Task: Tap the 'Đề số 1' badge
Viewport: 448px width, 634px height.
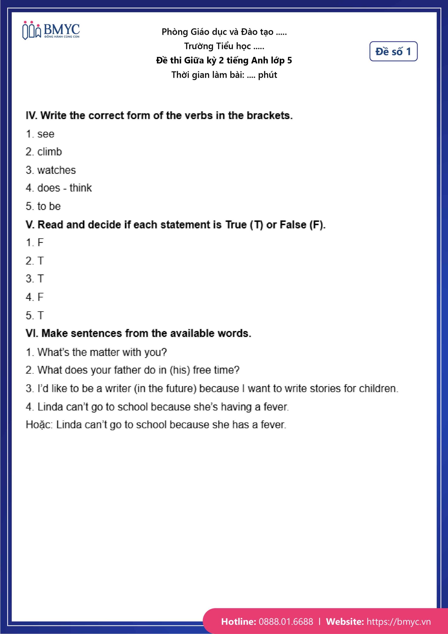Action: coord(393,51)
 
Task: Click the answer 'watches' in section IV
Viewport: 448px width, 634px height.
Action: coord(56,170)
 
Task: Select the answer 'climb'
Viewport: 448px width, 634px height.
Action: coord(50,152)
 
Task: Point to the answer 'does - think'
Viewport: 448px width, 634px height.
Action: coord(64,188)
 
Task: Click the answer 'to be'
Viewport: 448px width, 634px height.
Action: coord(49,206)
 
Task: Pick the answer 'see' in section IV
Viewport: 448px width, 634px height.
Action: coord(46,134)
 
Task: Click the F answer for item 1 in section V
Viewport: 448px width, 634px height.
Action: coord(40,242)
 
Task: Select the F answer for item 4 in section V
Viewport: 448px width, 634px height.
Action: coord(40,297)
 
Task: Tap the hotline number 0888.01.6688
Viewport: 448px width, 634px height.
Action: coord(286,622)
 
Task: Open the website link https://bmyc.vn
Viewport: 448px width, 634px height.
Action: coord(398,622)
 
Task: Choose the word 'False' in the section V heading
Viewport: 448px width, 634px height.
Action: coord(293,225)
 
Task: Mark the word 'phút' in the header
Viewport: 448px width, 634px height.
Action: coord(267,75)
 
